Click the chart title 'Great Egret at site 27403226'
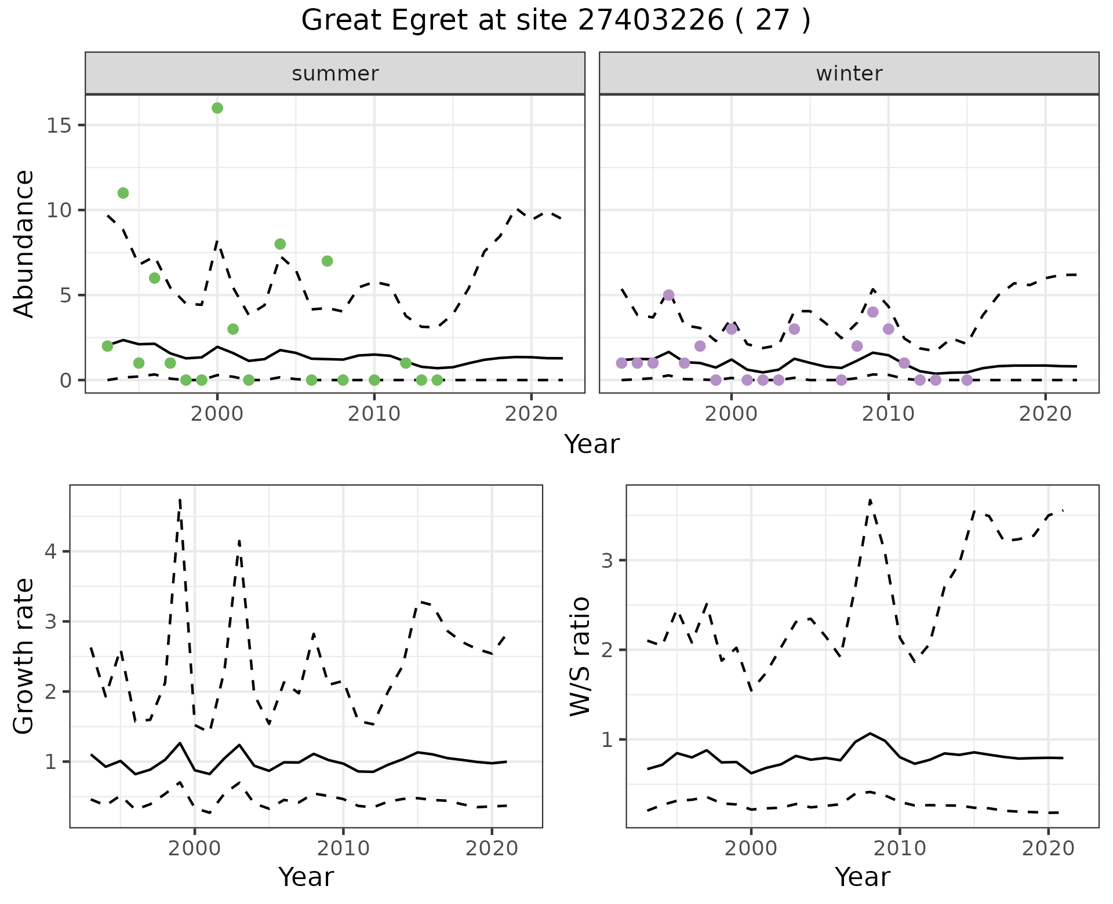pos(555,21)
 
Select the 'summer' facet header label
pos(335,74)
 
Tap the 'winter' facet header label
pos(849,74)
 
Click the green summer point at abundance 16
pos(217,108)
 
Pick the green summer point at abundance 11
pos(123,193)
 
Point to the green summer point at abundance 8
pos(280,244)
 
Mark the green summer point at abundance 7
pos(327,261)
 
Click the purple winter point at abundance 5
pos(668,295)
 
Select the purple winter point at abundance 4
pos(873,312)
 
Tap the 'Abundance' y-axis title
pos(24,243)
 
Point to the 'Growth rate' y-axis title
pos(24,656)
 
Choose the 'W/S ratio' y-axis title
pos(580,656)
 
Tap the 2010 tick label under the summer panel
pos(374,414)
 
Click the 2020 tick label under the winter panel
pos(1045,414)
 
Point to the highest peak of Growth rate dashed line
pos(180,499)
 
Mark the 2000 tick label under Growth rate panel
pos(195,849)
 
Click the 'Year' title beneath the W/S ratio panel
pos(862,877)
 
